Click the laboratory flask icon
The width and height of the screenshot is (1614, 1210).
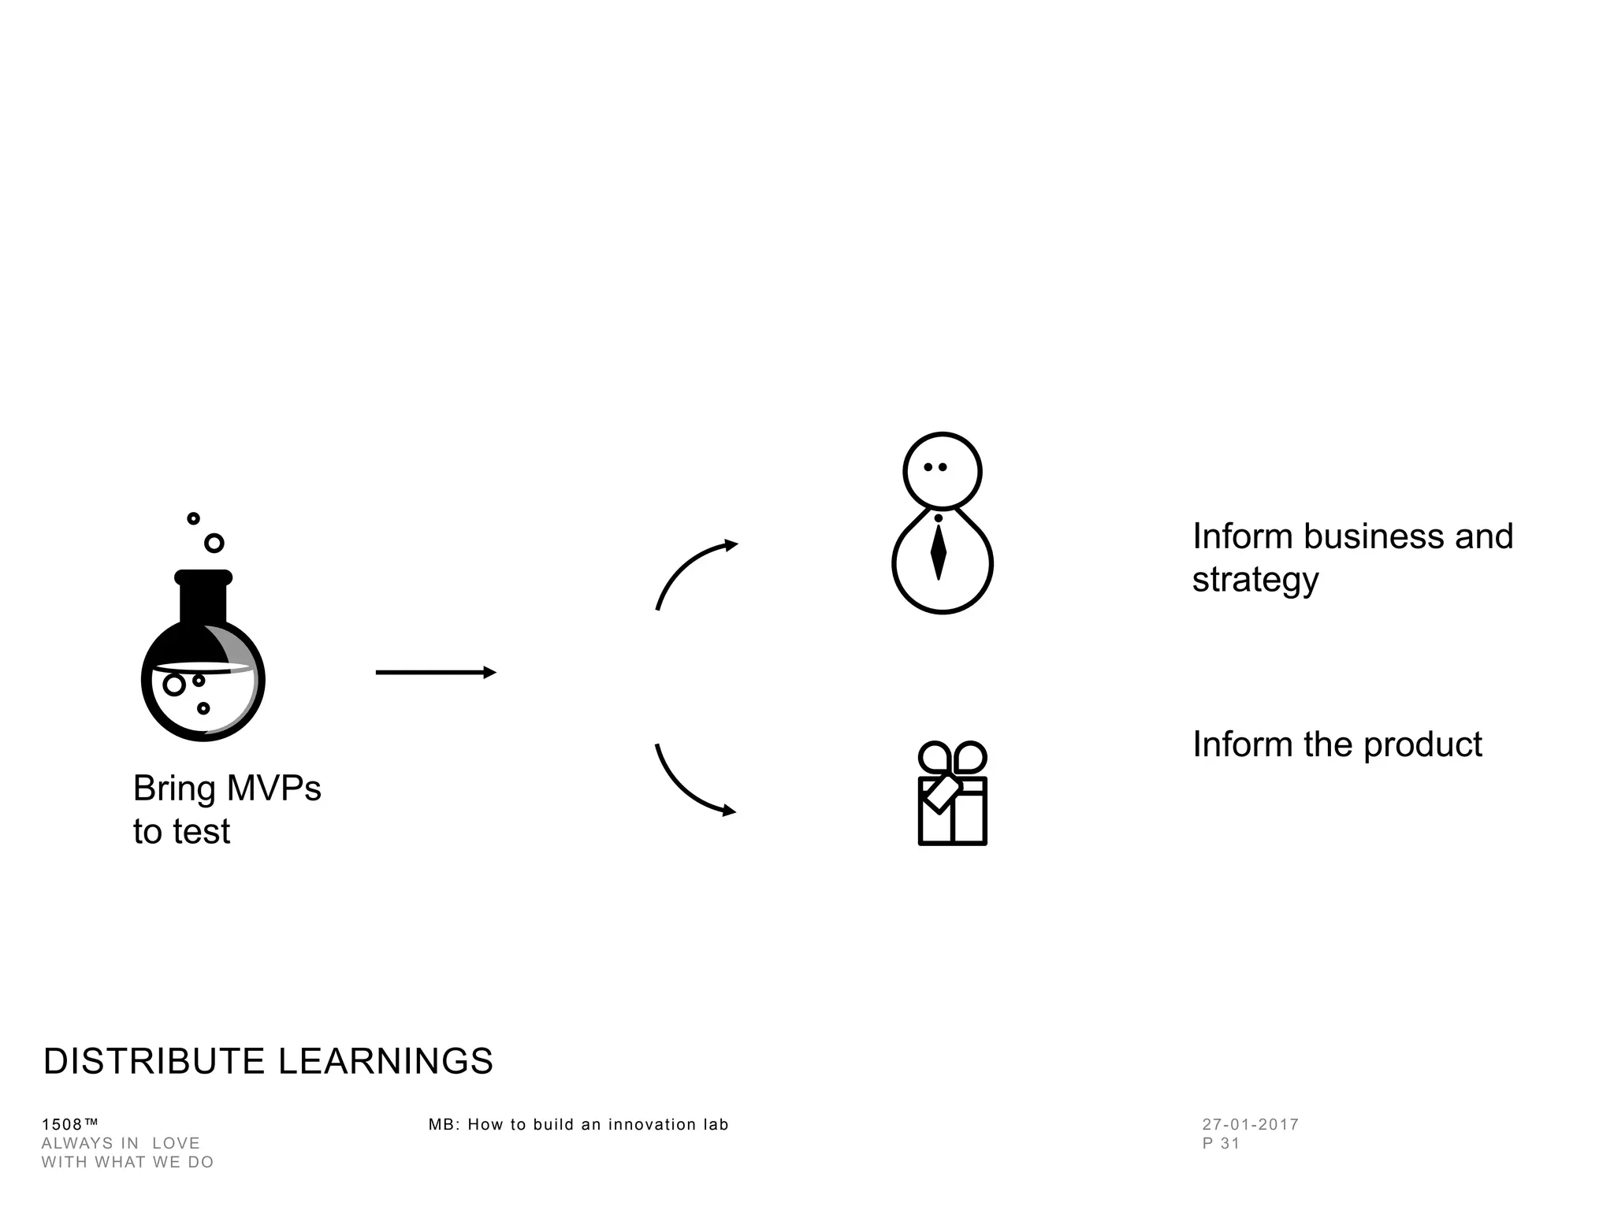pyautogui.click(x=203, y=662)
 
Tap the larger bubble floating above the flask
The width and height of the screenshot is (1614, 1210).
pyautogui.click(x=214, y=543)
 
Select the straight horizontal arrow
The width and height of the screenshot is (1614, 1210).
pyautogui.click(x=435, y=672)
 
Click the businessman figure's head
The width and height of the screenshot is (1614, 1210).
pyautogui.click(x=942, y=470)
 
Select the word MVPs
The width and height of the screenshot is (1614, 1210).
pyautogui.click(x=273, y=788)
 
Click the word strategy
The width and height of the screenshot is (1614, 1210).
pyautogui.click(x=1255, y=580)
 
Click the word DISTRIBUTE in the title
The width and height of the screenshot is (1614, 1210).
pyautogui.click(x=154, y=1061)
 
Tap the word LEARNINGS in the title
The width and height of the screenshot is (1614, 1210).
pyautogui.click(x=385, y=1061)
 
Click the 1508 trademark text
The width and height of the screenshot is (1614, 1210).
pyautogui.click(x=69, y=1124)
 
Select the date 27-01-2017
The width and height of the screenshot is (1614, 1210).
pyautogui.click(x=1250, y=1124)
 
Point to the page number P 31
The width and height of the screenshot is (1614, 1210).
pyautogui.click(x=1221, y=1143)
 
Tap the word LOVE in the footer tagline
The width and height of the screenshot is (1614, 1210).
pyautogui.click(x=176, y=1143)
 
